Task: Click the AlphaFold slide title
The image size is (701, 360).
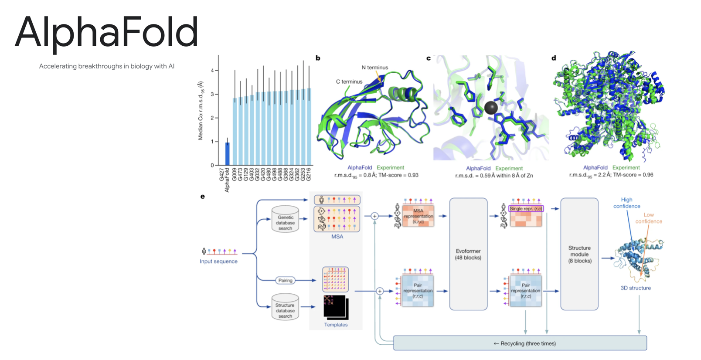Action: pos(107,31)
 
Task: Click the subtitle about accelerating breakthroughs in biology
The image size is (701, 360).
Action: pos(107,66)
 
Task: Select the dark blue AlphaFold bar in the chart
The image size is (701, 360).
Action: pos(227,154)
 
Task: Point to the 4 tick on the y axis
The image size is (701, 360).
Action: pos(212,71)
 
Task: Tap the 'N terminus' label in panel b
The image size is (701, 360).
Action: pos(374,68)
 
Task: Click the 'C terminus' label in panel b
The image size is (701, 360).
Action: pos(349,82)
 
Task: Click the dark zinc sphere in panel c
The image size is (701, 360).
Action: pos(491,108)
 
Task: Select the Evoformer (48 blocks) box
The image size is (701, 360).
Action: pos(468,254)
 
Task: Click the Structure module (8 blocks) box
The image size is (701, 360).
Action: pos(579,254)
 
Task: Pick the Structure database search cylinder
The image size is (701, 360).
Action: pos(285,308)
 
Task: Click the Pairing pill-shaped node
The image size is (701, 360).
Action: pos(285,280)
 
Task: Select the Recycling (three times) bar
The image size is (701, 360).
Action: pos(520,343)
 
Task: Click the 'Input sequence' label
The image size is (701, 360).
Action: pos(218,262)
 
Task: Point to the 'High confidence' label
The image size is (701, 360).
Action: pos(627,203)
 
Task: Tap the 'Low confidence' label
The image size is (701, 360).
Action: pos(649,218)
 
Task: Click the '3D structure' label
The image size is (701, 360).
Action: pos(636,288)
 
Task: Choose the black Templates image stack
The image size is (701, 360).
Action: pos(335,307)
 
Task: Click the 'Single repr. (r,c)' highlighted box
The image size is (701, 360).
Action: pos(526,209)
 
